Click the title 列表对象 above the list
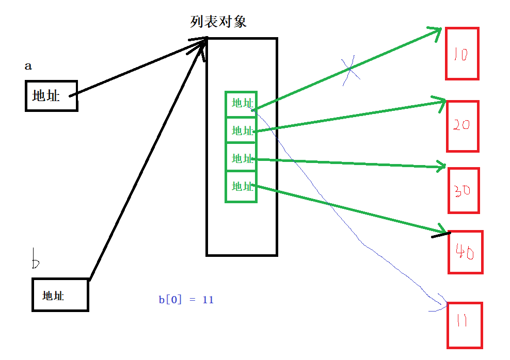(218, 22)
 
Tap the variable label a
(28, 67)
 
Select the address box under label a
(51, 95)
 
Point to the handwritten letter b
(35, 259)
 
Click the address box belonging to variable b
(60, 295)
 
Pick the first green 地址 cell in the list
(241, 104)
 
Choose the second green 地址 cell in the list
(241, 131)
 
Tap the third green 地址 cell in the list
(241, 158)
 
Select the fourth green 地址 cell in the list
(241, 186)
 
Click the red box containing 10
(462, 54)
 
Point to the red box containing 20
(463, 126)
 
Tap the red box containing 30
(464, 190)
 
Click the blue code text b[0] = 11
(186, 300)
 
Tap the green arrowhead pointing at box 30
(441, 167)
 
